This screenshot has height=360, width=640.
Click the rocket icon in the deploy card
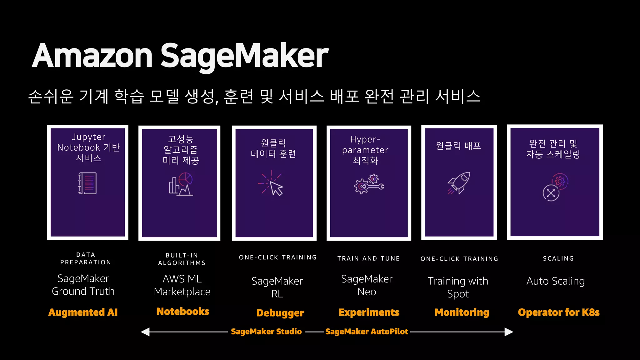click(459, 183)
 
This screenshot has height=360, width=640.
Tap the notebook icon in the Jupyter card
click(87, 183)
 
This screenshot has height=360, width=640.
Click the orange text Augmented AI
click(83, 312)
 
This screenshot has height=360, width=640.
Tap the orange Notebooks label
click(183, 311)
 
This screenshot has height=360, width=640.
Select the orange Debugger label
click(280, 313)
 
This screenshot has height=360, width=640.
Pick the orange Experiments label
click(369, 312)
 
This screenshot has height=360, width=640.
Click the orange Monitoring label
click(462, 312)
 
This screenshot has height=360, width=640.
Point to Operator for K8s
click(558, 312)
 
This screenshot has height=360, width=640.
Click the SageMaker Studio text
click(266, 332)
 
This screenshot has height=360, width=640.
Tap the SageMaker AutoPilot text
click(367, 332)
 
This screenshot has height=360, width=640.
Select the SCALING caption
click(558, 258)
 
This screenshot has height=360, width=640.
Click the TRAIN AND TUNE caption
click(368, 258)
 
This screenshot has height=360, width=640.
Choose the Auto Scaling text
click(555, 281)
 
